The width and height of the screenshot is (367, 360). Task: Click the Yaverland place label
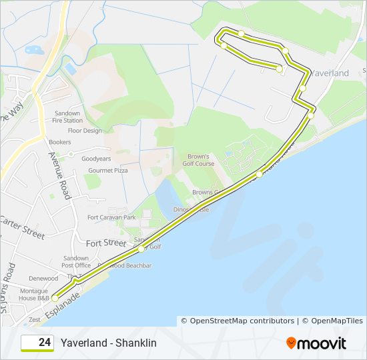[330, 72]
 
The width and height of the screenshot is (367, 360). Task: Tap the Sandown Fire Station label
[67, 117]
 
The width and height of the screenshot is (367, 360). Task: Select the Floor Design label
[85, 131]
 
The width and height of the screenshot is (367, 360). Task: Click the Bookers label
[59, 142]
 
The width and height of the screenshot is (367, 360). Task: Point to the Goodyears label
[96, 159]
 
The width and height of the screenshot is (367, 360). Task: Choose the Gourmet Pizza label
[106, 171]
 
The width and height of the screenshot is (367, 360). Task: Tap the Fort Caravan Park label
[111, 217]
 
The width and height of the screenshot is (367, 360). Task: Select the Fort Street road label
[105, 243]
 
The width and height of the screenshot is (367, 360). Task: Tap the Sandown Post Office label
[76, 261]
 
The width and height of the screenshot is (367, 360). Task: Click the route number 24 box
[37, 343]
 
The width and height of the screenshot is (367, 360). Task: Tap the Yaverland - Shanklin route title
[108, 343]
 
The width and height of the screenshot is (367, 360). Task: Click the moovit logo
[316, 343]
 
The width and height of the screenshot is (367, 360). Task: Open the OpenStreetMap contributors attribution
[242, 321]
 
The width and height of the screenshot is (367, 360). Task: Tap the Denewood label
[43, 279]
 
